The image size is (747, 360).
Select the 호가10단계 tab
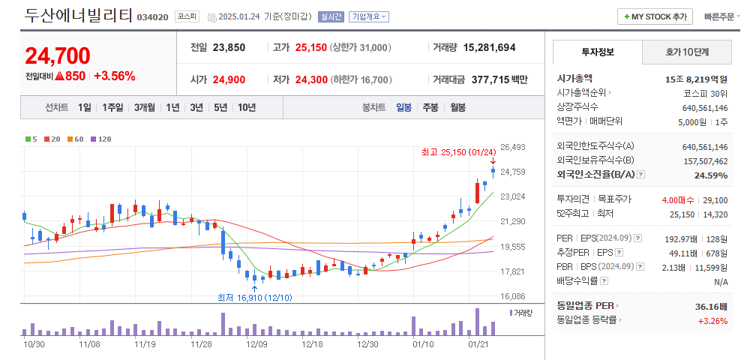tap(687, 52)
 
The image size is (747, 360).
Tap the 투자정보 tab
tap(597, 52)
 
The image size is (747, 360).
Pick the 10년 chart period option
tap(247, 107)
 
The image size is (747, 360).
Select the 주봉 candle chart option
tap(430, 107)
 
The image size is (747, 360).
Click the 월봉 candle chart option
tap(457, 107)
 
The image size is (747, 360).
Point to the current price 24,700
tap(58, 55)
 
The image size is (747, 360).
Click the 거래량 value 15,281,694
tap(489, 47)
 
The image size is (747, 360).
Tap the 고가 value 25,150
tap(310, 47)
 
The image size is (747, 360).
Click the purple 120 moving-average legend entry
tap(101, 139)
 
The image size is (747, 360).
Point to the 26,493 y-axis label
tap(512, 147)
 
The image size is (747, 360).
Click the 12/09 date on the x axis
tap(256, 343)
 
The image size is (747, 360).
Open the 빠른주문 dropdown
tap(722, 16)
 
